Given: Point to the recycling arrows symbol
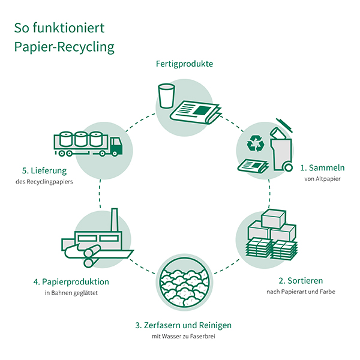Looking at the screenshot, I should (x=256, y=143).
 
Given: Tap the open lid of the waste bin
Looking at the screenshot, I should (x=283, y=125).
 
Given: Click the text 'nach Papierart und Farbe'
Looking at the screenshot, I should (x=300, y=292).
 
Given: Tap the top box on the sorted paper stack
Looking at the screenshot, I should (x=272, y=218).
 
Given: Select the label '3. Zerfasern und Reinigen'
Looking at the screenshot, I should (x=183, y=325).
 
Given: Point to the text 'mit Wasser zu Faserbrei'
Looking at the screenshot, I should (x=184, y=337).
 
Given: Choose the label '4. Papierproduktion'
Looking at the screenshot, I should (x=71, y=281).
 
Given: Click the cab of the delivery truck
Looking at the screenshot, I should (x=115, y=145).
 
